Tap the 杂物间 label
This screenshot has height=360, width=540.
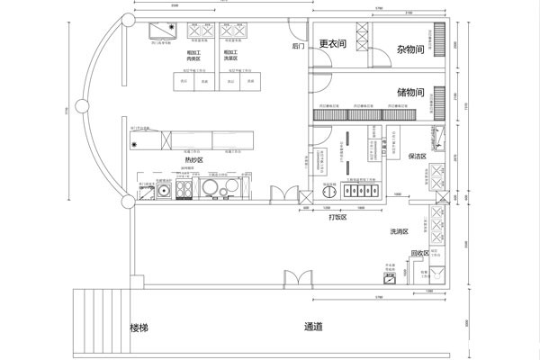click(403, 51)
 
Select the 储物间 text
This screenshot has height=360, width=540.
click(411, 93)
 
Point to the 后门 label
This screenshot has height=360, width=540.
click(299, 45)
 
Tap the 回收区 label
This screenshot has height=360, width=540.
click(419, 253)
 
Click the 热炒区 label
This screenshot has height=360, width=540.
click(193, 159)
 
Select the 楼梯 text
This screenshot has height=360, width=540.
click(139, 327)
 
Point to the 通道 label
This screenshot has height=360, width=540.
click(314, 327)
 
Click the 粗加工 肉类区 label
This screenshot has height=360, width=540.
click(194, 57)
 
